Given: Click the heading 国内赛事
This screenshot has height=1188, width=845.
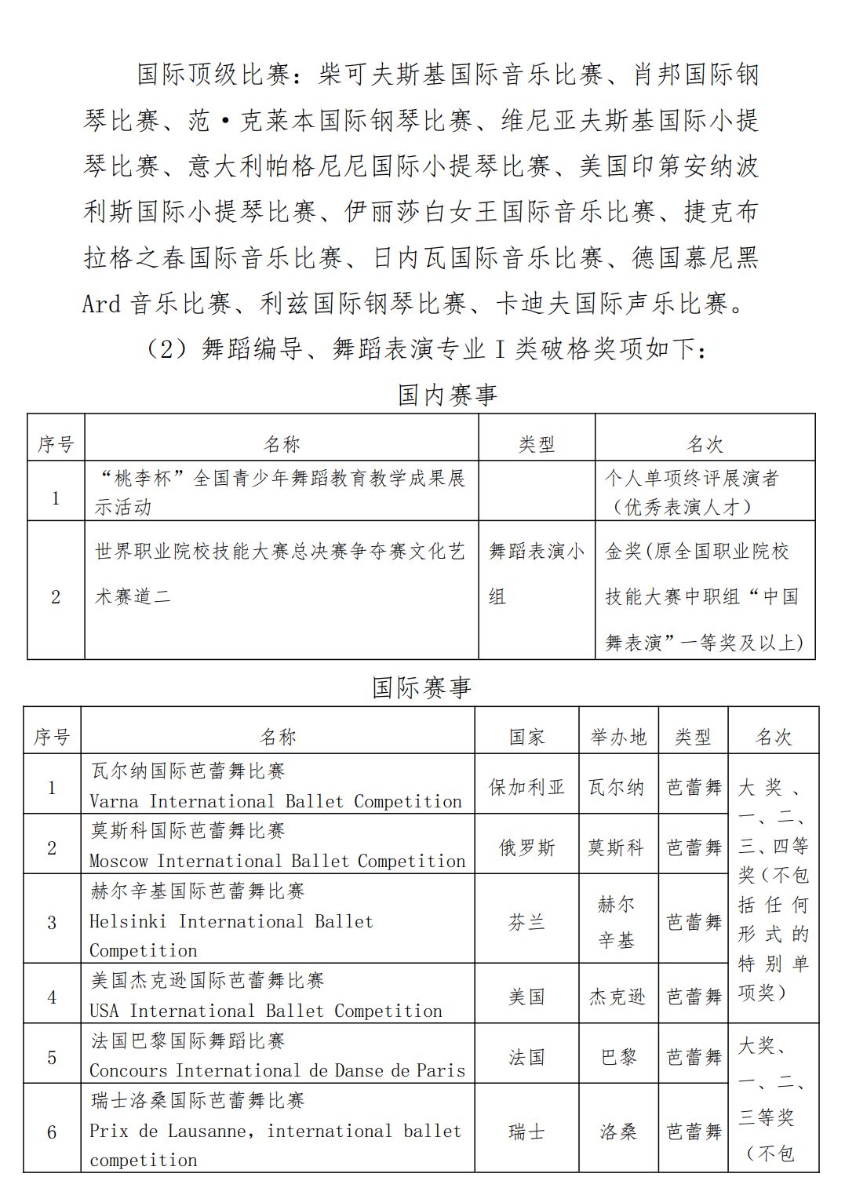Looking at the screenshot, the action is click(447, 395).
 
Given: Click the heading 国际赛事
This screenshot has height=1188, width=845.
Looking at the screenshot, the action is click(421, 687).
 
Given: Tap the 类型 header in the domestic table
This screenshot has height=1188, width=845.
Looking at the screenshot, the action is click(537, 445).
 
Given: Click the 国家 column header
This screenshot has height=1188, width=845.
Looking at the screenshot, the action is click(526, 737).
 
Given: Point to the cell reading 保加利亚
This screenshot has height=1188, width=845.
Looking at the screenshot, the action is click(526, 787).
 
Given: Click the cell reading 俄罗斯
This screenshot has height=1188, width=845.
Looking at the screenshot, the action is click(526, 847).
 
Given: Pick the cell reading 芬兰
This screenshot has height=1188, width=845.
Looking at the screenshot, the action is click(526, 922).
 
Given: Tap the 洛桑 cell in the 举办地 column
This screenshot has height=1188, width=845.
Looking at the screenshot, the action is click(618, 1132).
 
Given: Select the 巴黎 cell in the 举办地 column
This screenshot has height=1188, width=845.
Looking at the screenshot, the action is click(618, 1057).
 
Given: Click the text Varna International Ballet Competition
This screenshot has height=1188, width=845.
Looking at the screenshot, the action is click(275, 801).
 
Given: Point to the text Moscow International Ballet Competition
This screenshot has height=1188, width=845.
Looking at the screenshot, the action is click(277, 861).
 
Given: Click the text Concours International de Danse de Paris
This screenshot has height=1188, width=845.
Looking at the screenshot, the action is click(277, 1070).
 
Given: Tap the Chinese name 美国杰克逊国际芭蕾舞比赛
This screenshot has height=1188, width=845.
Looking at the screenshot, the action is click(207, 980).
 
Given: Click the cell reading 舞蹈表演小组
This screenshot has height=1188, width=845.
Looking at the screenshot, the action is click(537, 574).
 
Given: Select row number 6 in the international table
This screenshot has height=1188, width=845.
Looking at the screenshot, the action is click(52, 1132).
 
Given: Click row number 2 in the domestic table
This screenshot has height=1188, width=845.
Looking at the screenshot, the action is click(56, 596).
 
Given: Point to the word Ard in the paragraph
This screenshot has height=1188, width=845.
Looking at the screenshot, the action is click(102, 304).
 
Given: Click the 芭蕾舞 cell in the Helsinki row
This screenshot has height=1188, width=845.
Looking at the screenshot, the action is click(694, 922).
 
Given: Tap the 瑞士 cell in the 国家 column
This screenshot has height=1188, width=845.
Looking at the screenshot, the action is click(526, 1132).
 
